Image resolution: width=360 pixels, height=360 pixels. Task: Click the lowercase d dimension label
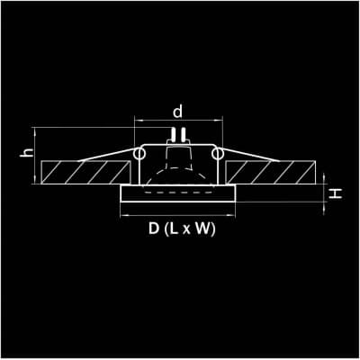(177, 112)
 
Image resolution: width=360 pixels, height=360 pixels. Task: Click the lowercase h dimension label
(27, 152)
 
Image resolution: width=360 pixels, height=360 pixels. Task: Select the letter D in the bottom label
(154, 229)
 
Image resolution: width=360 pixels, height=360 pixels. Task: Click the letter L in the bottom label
(175, 229)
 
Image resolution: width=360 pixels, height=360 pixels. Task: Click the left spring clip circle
(139, 154)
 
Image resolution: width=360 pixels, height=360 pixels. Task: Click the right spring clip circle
(218, 154)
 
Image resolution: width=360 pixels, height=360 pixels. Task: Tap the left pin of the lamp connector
(173, 135)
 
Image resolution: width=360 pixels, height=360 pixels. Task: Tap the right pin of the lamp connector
(183, 135)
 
